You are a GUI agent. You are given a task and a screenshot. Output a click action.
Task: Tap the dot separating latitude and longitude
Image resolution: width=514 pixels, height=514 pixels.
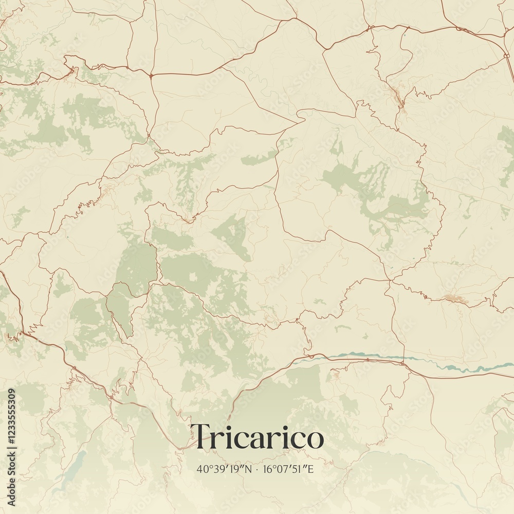click(257, 469)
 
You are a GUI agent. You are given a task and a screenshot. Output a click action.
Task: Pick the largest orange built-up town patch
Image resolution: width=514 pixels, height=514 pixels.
click(455, 299)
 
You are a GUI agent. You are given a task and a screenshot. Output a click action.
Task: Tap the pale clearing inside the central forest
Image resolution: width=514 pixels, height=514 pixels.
click(194, 278)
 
